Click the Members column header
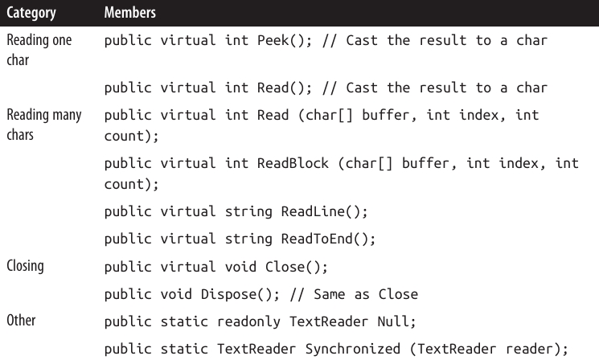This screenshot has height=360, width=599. coord(131,14)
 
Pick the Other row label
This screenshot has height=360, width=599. coord(21,320)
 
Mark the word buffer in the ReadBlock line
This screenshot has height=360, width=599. coord(410,163)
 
